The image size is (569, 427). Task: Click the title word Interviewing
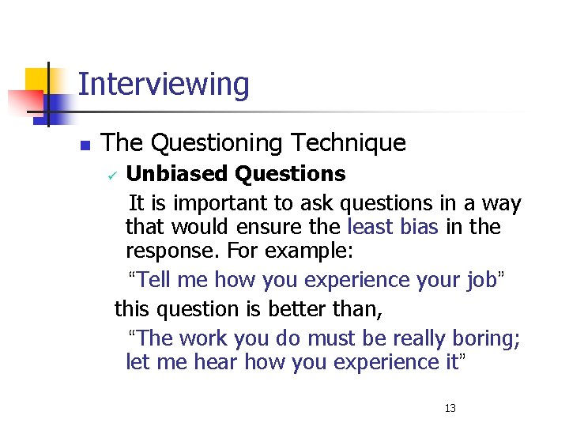tap(164, 85)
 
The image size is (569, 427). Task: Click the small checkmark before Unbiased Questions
tap(111, 176)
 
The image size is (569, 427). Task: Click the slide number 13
tap(450, 408)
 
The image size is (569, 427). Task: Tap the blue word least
tap(371, 228)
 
